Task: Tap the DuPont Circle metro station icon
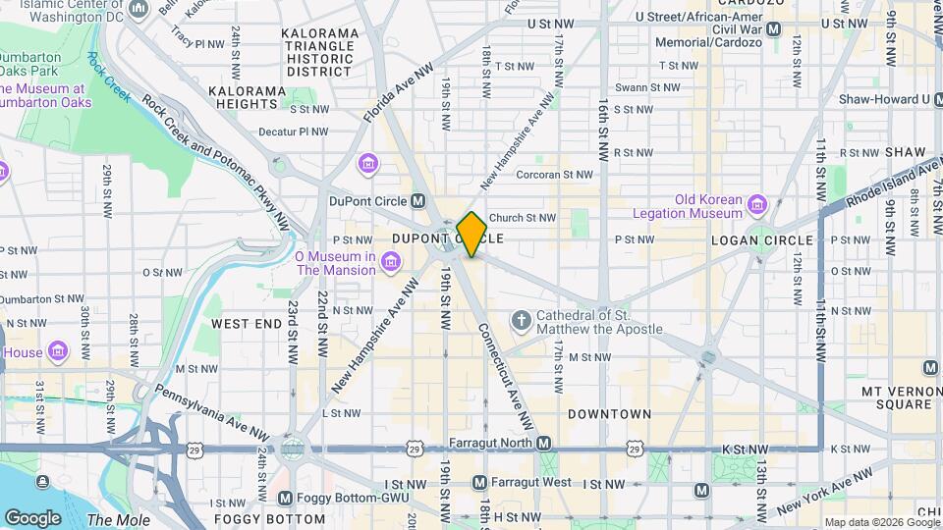418,201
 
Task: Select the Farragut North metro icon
543,443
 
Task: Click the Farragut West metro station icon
479,483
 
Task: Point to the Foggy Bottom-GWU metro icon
286,499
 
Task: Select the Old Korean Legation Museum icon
756,205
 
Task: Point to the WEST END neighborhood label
246,323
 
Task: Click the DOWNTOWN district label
609,414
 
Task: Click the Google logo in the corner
32,517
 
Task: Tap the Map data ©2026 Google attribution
880,522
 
